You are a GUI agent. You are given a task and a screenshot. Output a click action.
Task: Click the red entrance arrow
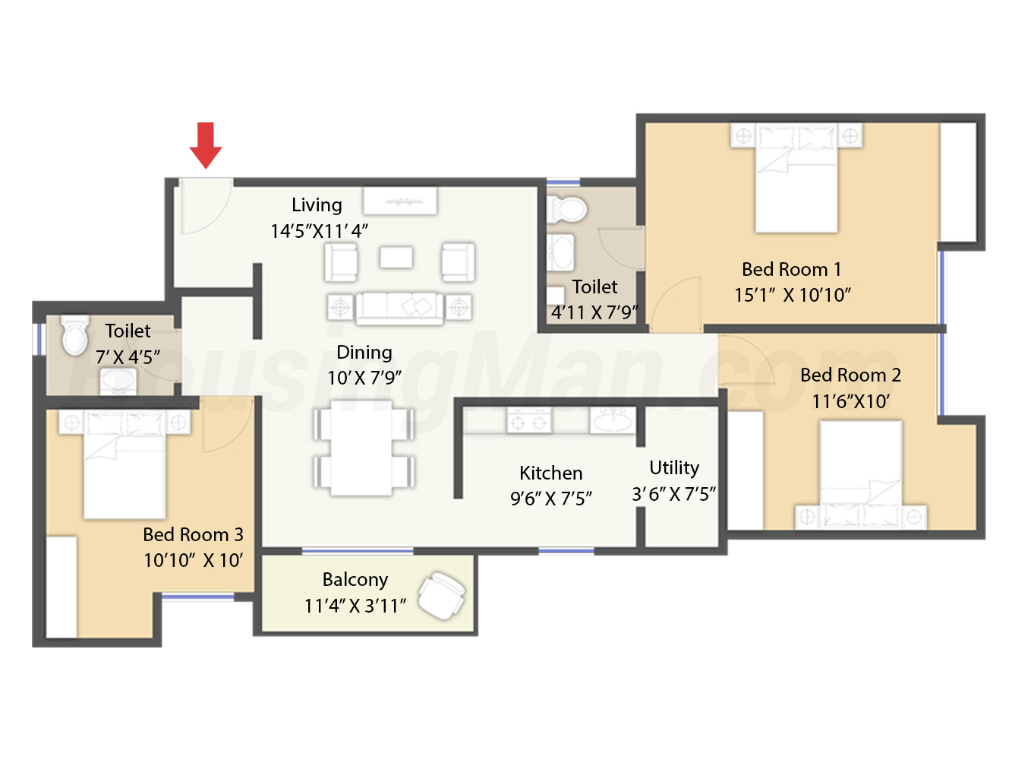click(206, 145)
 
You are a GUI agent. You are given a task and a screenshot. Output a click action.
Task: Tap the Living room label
click(317, 205)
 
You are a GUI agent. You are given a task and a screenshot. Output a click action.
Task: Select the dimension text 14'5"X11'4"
click(319, 231)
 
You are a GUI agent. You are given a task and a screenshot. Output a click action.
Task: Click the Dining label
click(364, 353)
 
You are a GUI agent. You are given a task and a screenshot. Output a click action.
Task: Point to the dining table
click(362, 448)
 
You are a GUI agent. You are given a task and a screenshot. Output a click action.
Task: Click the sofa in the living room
click(399, 309)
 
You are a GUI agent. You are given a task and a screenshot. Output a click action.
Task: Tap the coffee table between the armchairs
click(396, 257)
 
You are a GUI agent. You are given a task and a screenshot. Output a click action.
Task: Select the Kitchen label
click(551, 473)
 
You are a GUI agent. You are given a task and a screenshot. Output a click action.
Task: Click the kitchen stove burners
click(528, 420)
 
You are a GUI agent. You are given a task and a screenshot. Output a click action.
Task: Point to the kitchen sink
click(612, 420)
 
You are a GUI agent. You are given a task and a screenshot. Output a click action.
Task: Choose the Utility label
click(674, 468)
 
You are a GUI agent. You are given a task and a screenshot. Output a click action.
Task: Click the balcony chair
click(442, 596)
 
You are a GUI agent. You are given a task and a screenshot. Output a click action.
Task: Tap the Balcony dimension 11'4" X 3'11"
click(355, 606)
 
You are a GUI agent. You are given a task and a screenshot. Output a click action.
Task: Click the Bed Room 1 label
click(791, 270)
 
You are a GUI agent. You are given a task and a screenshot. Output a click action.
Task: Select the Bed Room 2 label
click(850, 375)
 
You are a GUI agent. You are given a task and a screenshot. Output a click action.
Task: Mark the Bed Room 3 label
click(193, 535)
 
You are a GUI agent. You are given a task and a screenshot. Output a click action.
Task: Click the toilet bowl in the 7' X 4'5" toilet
click(74, 335)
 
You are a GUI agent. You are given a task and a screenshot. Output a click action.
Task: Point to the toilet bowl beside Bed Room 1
click(567, 210)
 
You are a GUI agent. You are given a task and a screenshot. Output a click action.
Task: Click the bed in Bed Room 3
click(125, 464)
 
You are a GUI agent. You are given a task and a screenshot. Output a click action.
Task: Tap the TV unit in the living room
click(400, 201)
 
